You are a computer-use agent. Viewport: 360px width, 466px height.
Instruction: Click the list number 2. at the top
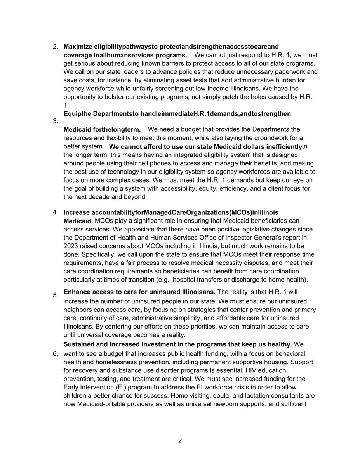click(x=55, y=47)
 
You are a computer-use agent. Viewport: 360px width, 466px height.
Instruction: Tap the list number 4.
click(x=55, y=212)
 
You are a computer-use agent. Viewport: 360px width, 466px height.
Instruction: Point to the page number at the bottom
click(x=180, y=440)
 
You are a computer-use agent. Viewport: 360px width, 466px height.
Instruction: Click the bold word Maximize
click(x=78, y=47)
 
